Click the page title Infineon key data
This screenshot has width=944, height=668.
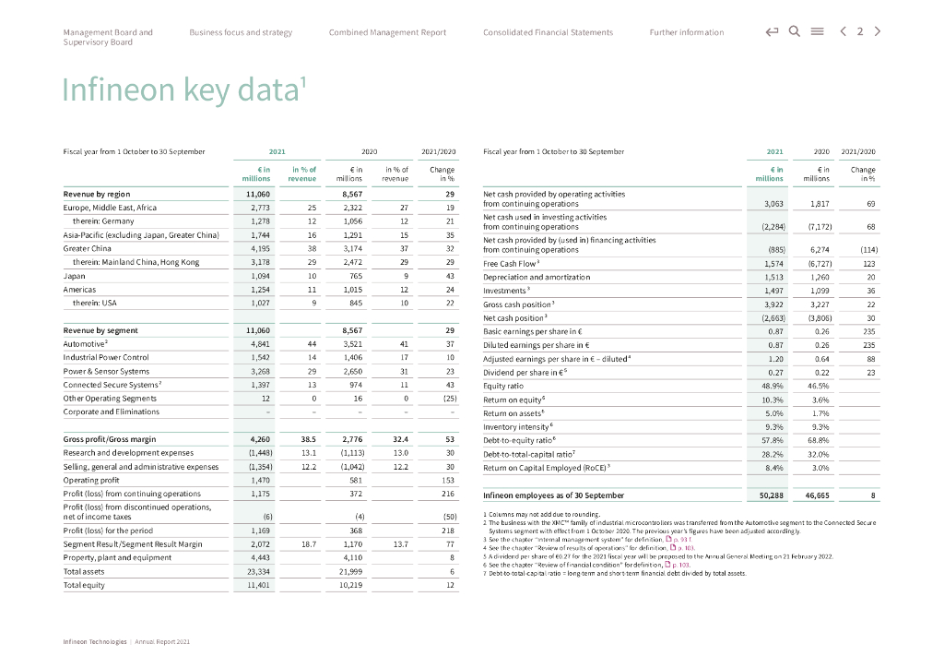coord(184,89)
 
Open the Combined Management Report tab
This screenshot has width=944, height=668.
coord(387,32)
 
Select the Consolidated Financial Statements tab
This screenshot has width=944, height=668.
coord(548,32)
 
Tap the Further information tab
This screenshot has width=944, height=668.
coord(686,32)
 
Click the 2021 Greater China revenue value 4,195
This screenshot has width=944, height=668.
coord(260,248)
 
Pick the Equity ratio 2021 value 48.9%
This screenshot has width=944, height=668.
coord(773,386)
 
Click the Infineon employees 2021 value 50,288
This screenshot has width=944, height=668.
coord(771,495)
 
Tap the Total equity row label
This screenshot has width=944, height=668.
coord(84,585)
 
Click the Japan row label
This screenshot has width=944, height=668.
coord(75,276)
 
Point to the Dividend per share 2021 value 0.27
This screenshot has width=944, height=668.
coord(775,372)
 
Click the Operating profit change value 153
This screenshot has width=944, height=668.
coord(449,480)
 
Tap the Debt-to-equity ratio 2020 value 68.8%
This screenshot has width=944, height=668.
coord(817,440)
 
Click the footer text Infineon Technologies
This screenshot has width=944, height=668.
coord(94,641)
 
